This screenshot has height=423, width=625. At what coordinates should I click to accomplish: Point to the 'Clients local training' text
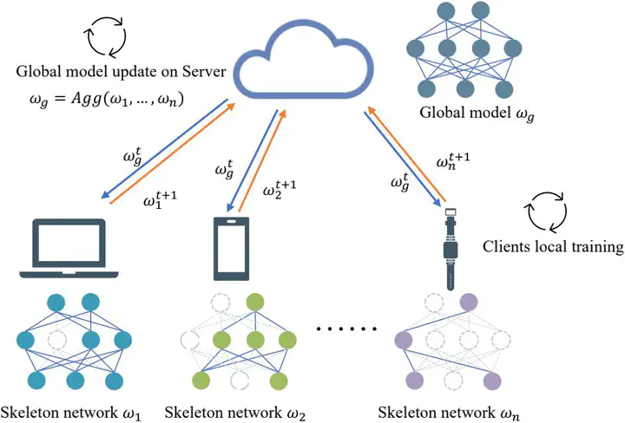click(553, 247)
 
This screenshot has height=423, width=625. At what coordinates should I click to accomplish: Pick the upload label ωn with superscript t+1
click(453, 161)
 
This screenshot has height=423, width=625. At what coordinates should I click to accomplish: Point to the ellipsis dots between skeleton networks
click(346, 330)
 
